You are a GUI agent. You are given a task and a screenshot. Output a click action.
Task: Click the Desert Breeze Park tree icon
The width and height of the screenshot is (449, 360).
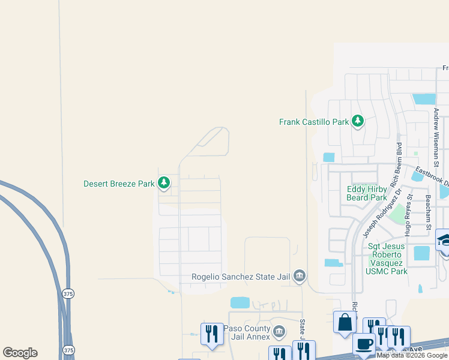click(164, 184)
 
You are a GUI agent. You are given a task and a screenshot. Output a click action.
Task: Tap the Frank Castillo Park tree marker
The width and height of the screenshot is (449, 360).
click(358, 121)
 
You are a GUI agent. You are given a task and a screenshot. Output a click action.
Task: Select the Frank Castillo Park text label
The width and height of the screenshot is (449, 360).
click(314, 122)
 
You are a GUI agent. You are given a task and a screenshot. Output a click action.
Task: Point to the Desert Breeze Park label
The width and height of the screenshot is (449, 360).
click(119, 184)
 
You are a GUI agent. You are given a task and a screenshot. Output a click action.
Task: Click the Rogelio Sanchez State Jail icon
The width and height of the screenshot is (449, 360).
click(300, 276)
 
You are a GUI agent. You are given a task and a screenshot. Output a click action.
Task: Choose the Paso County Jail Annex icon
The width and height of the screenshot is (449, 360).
click(279, 331)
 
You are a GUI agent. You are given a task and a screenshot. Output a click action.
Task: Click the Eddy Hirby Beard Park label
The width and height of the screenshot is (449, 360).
click(367, 193)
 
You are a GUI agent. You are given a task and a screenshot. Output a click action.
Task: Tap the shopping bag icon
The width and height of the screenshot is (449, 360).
click(346, 322)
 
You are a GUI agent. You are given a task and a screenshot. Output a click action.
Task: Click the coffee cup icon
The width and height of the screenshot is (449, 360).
click(364, 344)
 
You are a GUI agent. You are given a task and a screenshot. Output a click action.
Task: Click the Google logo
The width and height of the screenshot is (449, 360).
click(20, 353)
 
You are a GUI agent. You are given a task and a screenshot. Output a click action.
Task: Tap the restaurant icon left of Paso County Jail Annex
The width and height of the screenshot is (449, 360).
click(211, 334)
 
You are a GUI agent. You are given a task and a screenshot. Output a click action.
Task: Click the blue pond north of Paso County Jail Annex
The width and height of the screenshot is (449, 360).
click(240, 303)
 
